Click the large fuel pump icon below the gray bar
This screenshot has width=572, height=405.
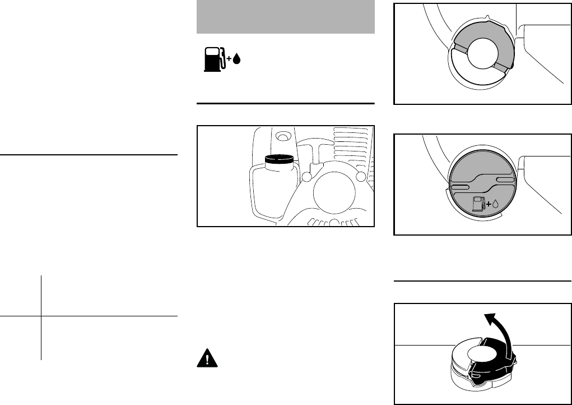[213, 59]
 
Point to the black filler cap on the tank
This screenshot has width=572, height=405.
[278, 159]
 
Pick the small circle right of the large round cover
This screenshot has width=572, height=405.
[361, 177]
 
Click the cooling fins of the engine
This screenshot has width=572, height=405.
[350, 143]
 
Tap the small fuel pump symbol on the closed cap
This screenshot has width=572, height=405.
[478, 204]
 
